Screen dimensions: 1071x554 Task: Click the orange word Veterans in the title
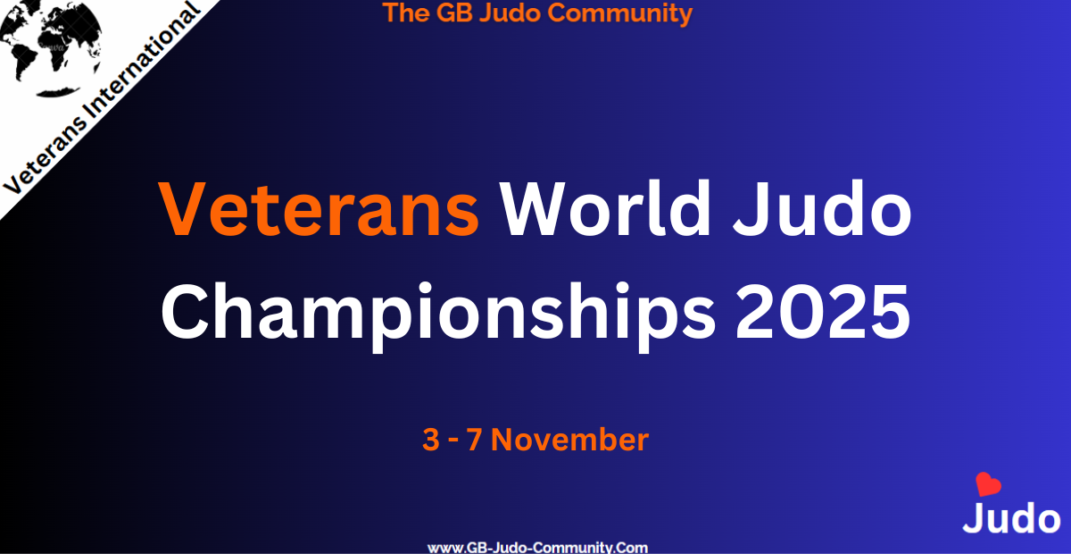[319, 209]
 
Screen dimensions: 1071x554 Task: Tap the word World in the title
[606, 208]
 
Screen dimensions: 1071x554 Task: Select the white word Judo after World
[822, 208]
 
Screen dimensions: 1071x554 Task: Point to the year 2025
[822, 311]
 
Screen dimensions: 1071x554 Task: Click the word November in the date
[569, 440]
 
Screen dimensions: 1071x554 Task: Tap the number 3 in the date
[431, 440]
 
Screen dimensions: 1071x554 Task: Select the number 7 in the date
[474, 440]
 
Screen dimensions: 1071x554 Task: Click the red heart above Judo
[988, 483]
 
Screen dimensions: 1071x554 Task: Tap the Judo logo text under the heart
[1011, 518]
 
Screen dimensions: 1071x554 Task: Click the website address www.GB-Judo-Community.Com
[537, 547]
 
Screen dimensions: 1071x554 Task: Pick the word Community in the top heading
[619, 13]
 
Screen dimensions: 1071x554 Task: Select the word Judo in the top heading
[510, 13]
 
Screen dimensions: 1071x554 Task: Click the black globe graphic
[50, 48]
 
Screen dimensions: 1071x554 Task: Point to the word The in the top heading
[405, 13]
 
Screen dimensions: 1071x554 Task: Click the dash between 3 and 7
[452, 441]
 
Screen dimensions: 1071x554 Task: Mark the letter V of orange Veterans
[182, 209]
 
